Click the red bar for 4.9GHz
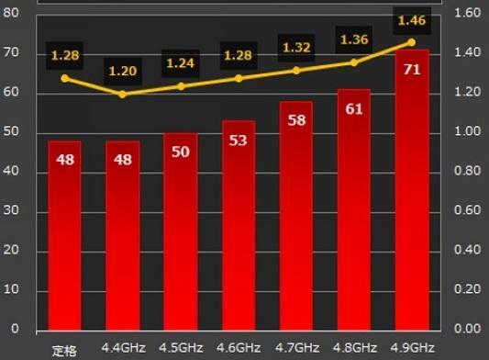(x=412, y=193)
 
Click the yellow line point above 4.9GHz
(x=411, y=42)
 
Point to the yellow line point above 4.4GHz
(x=122, y=94)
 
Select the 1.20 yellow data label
(x=123, y=71)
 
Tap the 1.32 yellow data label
(x=295, y=48)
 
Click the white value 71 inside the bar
(x=412, y=70)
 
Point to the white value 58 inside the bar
(x=295, y=120)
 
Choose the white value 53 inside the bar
(x=239, y=140)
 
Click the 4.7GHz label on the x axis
(x=296, y=348)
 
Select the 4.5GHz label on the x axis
(x=181, y=348)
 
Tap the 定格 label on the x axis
(x=63, y=349)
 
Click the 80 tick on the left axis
(x=11, y=13)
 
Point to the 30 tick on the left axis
(x=11, y=210)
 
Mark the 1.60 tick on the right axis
(x=468, y=13)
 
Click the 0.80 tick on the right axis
(x=468, y=171)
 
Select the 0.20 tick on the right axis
(x=468, y=289)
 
